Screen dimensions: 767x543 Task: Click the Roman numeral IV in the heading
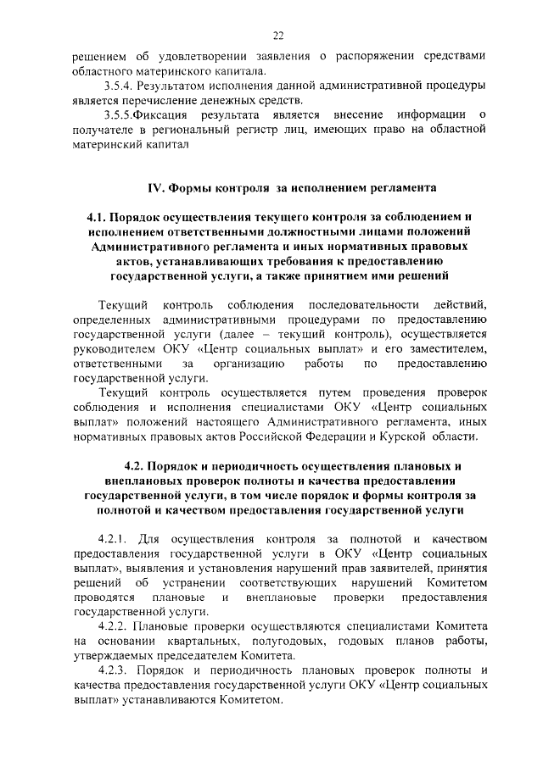click(156, 187)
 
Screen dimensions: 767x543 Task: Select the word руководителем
click(115, 348)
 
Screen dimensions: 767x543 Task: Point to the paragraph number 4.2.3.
click(115, 670)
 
